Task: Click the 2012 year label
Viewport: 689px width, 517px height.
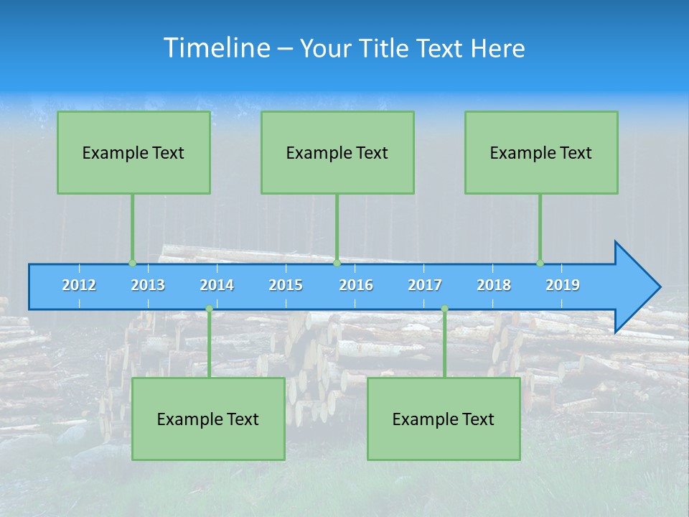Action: click(79, 285)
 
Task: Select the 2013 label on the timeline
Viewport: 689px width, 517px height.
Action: click(148, 285)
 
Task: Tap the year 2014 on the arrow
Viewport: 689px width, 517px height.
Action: click(217, 285)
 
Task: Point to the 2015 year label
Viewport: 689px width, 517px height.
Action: click(286, 285)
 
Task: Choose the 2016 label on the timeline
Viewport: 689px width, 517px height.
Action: click(356, 285)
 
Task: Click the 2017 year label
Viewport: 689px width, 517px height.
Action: click(425, 285)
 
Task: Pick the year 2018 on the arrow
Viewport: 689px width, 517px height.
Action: click(494, 285)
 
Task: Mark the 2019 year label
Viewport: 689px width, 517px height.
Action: click(563, 285)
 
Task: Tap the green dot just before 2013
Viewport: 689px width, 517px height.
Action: click(132, 263)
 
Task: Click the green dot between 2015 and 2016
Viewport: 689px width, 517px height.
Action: click(337, 263)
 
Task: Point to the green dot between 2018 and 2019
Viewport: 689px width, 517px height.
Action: click(540, 263)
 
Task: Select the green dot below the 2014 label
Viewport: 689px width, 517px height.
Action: click(209, 308)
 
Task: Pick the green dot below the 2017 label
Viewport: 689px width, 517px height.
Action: click(444, 308)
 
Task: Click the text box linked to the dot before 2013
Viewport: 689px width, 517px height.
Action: click(133, 152)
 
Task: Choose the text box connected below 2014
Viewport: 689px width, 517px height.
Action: click(208, 419)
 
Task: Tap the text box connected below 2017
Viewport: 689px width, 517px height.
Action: click(444, 419)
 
